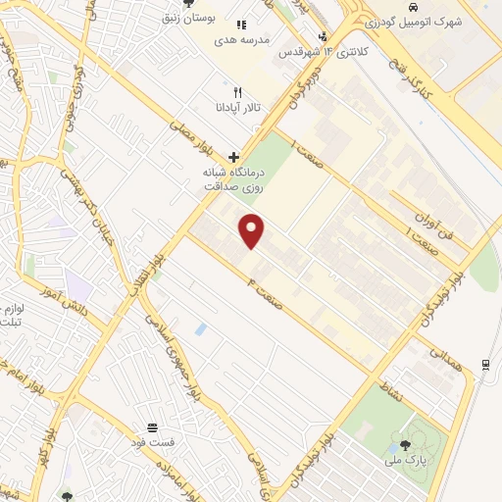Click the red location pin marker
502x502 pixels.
(252, 230)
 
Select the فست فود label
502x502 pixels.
(155, 442)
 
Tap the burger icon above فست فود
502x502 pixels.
(153, 427)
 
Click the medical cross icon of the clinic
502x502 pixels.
(233, 156)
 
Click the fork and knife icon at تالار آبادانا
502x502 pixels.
(236, 92)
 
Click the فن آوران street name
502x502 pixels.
(457, 219)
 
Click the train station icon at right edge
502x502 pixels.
(485, 366)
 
